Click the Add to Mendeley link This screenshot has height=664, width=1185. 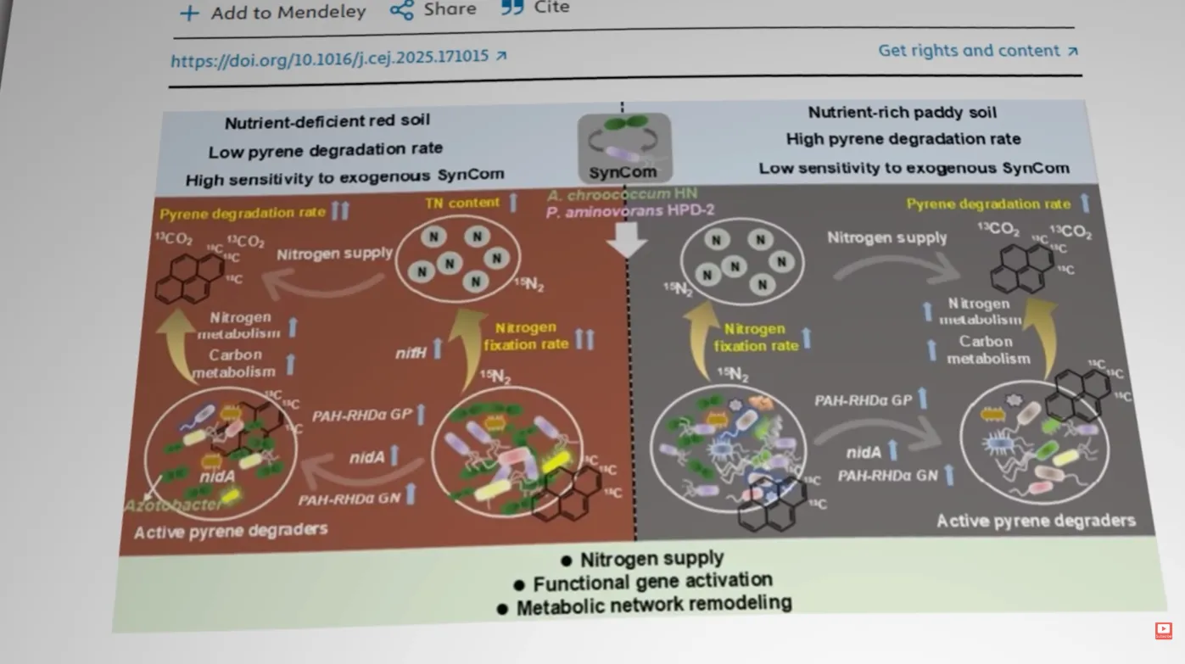pyautogui.click(x=273, y=12)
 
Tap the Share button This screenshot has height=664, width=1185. pyautogui.click(x=433, y=9)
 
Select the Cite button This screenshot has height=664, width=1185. pyautogui.click(x=535, y=8)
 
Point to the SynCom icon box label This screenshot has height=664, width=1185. pyautogui.click(x=623, y=172)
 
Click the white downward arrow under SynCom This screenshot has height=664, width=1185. pyautogui.click(x=627, y=241)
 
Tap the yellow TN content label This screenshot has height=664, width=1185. pyautogui.click(x=462, y=204)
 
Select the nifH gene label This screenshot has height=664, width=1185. pyautogui.click(x=411, y=353)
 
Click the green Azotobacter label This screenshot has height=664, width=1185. pyautogui.click(x=173, y=505)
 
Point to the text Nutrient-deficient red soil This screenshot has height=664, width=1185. pyautogui.click(x=327, y=121)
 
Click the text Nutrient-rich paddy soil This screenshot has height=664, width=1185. pyautogui.click(x=902, y=113)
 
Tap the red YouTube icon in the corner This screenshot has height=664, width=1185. pyautogui.click(x=1163, y=630)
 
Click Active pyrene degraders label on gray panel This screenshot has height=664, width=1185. pyautogui.click(x=1035, y=520)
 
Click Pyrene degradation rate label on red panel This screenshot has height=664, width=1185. pyautogui.click(x=243, y=213)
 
